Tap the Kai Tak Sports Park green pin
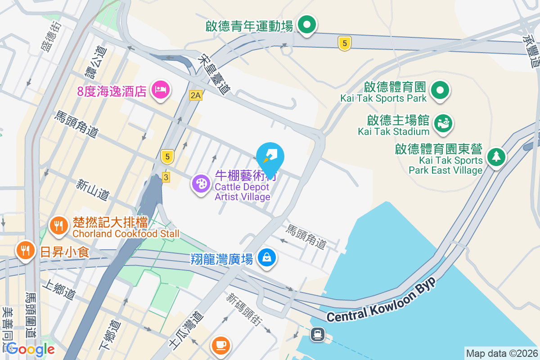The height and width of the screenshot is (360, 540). click(440, 90)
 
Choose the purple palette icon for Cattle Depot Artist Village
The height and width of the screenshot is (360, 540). click(201, 184)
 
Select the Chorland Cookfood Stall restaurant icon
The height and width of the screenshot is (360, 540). click(58, 225)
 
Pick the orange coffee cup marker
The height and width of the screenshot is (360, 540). click(220, 346)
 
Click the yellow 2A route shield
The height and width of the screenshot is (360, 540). click(195, 95)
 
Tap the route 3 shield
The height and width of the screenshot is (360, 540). click(166, 178)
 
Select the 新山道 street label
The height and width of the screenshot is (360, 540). click(93, 189)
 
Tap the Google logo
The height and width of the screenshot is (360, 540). click(30, 349)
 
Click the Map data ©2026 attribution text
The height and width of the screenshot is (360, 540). click(501, 354)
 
